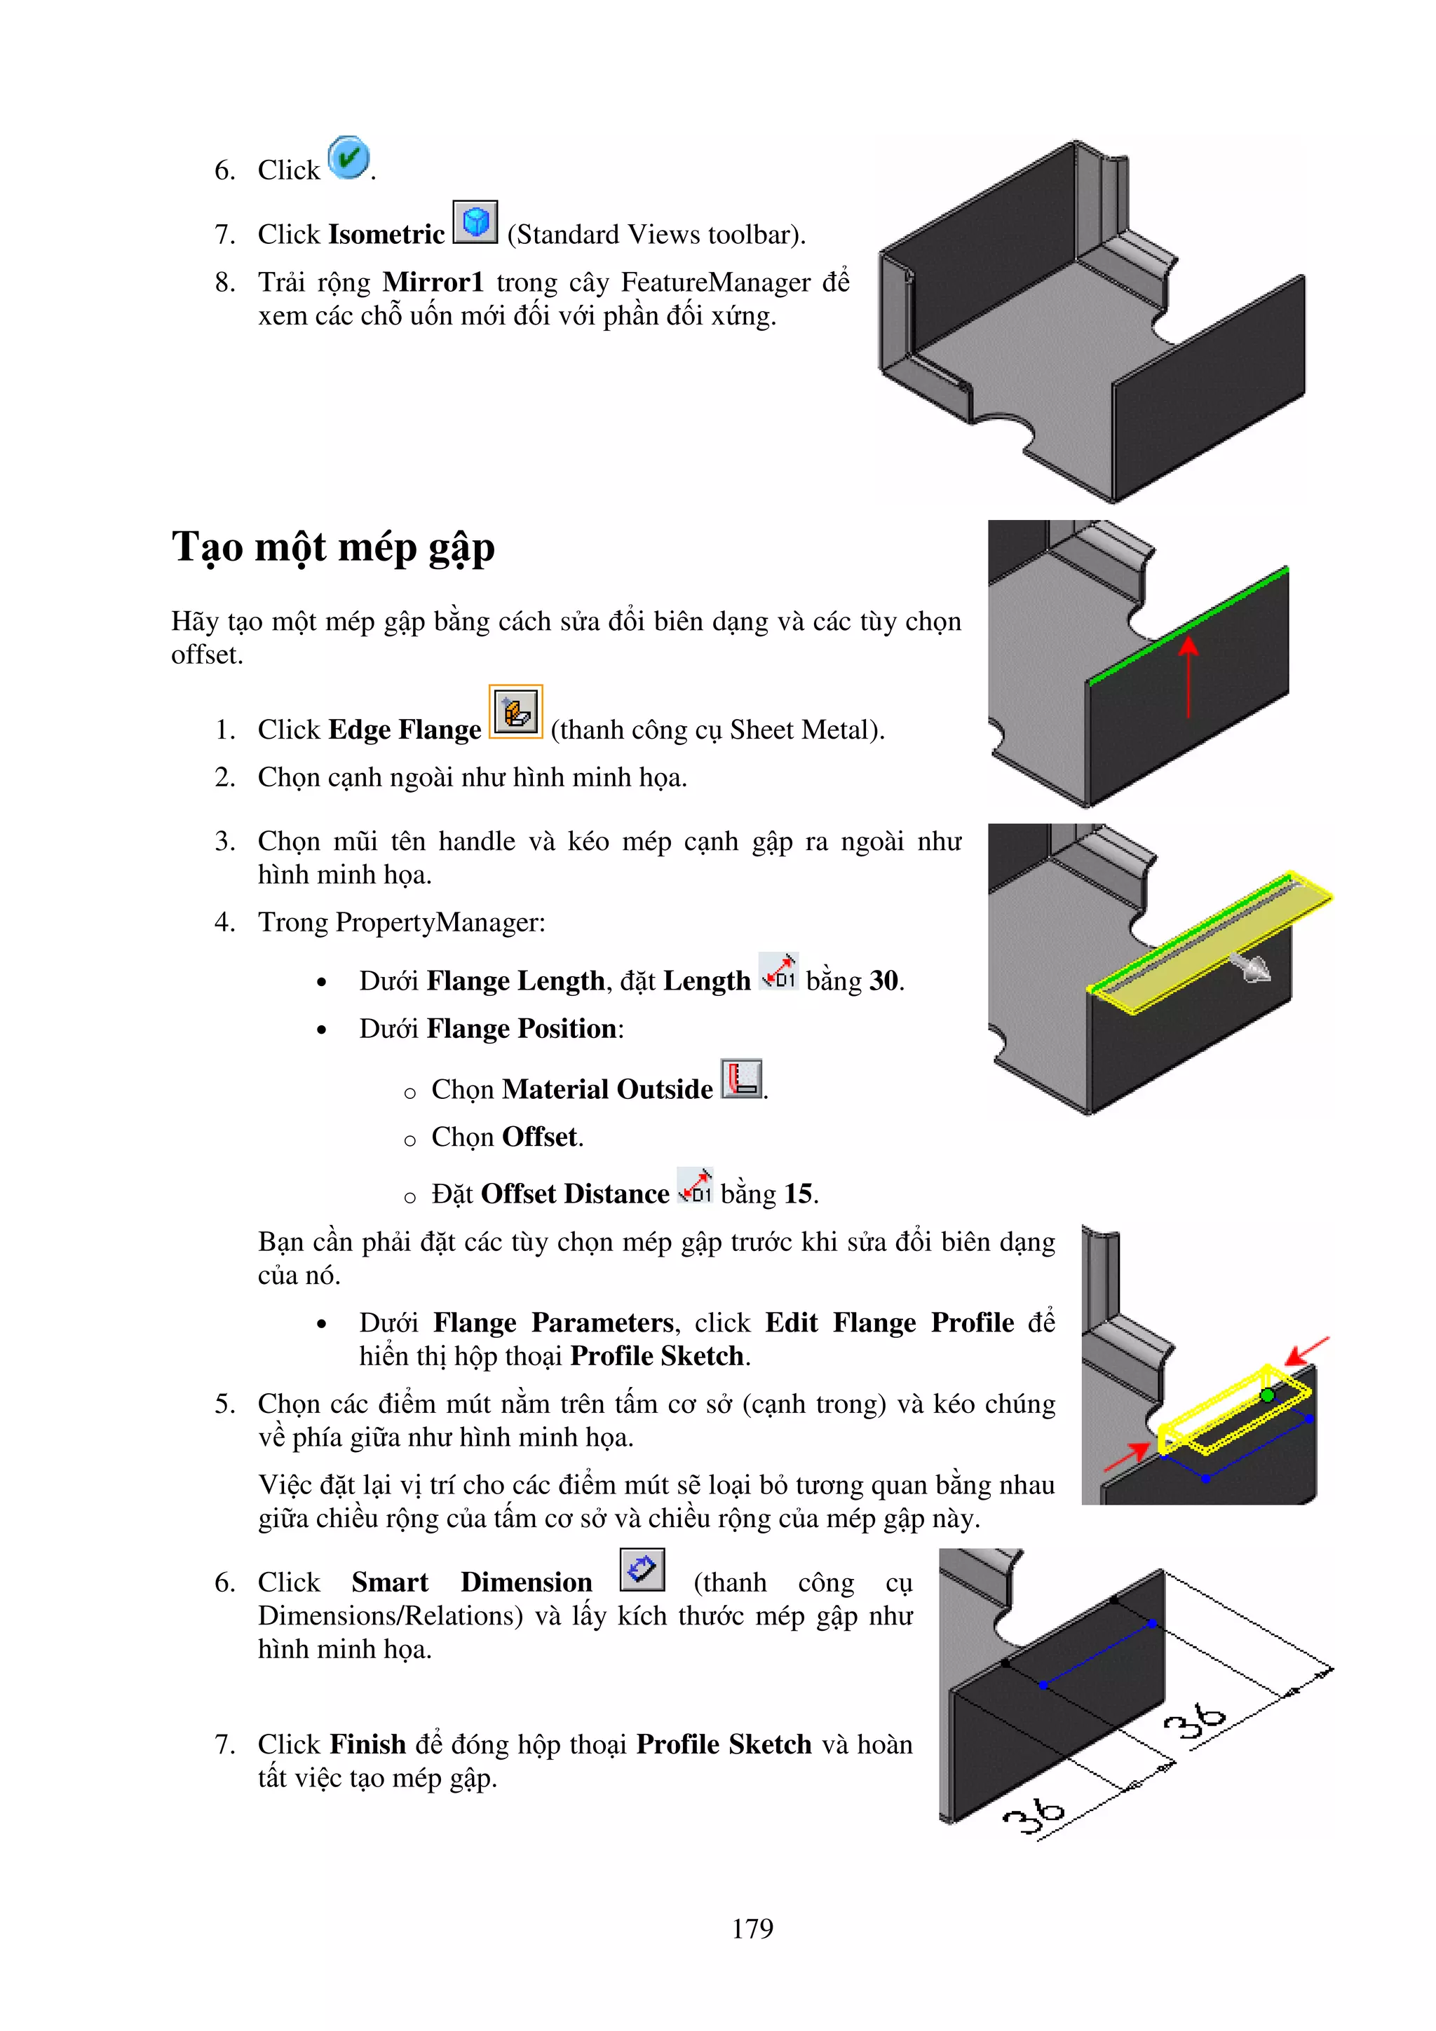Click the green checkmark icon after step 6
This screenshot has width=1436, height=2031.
point(348,158)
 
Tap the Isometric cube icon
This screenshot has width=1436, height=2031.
point(475,221)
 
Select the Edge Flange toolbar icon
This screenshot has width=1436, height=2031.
point(516,711)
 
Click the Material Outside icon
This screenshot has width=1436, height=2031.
point(740,1079)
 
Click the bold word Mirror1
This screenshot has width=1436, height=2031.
point(433,282)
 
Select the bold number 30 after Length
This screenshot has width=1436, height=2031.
point(883,981)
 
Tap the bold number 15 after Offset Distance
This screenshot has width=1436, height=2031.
point(798,1194)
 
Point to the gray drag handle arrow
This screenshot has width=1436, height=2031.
point(1250,967)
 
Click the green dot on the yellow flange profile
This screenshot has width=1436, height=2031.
point(1267,1395)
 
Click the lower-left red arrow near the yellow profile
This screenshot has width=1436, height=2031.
point(1127,1455)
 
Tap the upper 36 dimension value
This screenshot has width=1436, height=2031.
point(1195,1718)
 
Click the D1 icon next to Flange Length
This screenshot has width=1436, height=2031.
point(778,971)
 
